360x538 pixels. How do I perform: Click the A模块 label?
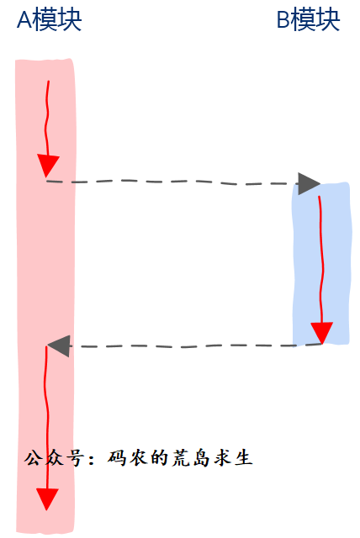coord(49,20)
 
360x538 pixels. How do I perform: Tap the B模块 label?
coord(308,20)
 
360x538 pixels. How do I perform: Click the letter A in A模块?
coord(24,20)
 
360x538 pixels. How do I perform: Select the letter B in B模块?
coord(283,20)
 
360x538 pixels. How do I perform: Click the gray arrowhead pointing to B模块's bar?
coord(309,184)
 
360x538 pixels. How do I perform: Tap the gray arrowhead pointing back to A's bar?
coord(59,345)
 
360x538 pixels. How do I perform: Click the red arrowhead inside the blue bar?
coord(322,333)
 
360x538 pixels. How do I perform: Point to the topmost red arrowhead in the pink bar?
coord(48,166)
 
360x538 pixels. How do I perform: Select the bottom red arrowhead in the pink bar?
coord(47,499)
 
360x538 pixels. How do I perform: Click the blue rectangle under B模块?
coord(321,263)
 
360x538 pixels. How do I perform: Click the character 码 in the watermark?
coord(117,458)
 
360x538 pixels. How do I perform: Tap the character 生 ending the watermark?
coord(244,458)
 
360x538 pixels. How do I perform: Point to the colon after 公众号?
coord(92,460)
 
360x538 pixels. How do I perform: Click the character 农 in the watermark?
coord(138,458)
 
